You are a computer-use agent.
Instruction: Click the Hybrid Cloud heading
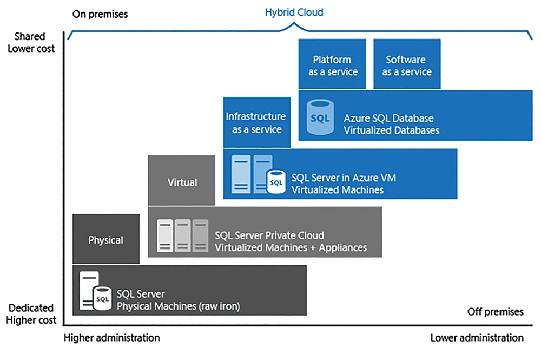click(x=294, y=12)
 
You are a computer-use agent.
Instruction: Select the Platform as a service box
click(x=332, y=64)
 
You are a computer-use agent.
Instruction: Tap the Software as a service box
click(x=407, y=64)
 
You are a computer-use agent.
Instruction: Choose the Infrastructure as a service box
click(x=256, y=122)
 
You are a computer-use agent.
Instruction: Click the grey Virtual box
click(x=181, y=180)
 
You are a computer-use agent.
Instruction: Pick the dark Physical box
click(x=106, y=239)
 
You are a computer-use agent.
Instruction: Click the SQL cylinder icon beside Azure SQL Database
click(x=320, y=117)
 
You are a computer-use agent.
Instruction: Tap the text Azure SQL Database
click(x=388, y=119)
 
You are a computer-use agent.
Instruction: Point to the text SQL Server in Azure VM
click(x=344, y=178)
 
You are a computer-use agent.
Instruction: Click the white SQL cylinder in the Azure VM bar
click(x=276, y=182)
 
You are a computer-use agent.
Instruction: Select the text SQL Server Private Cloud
click(x=269, y=235)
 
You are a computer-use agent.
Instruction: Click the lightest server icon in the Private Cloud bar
click(x=165, y=235)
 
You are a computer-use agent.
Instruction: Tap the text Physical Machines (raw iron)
click(x=178, y=306)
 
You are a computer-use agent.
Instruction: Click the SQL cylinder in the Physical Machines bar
click(x=102, y=298)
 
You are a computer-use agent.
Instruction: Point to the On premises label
click(x=100, y=14)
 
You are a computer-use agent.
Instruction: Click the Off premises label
click(x=495, y=312)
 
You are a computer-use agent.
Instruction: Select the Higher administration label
click(x=112, y=338)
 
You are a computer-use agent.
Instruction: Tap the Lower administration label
click(x=477, y=338)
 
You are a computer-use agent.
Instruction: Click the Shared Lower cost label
click(x=31, y=42)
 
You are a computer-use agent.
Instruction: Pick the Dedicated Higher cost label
click(x=31, y=314)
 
